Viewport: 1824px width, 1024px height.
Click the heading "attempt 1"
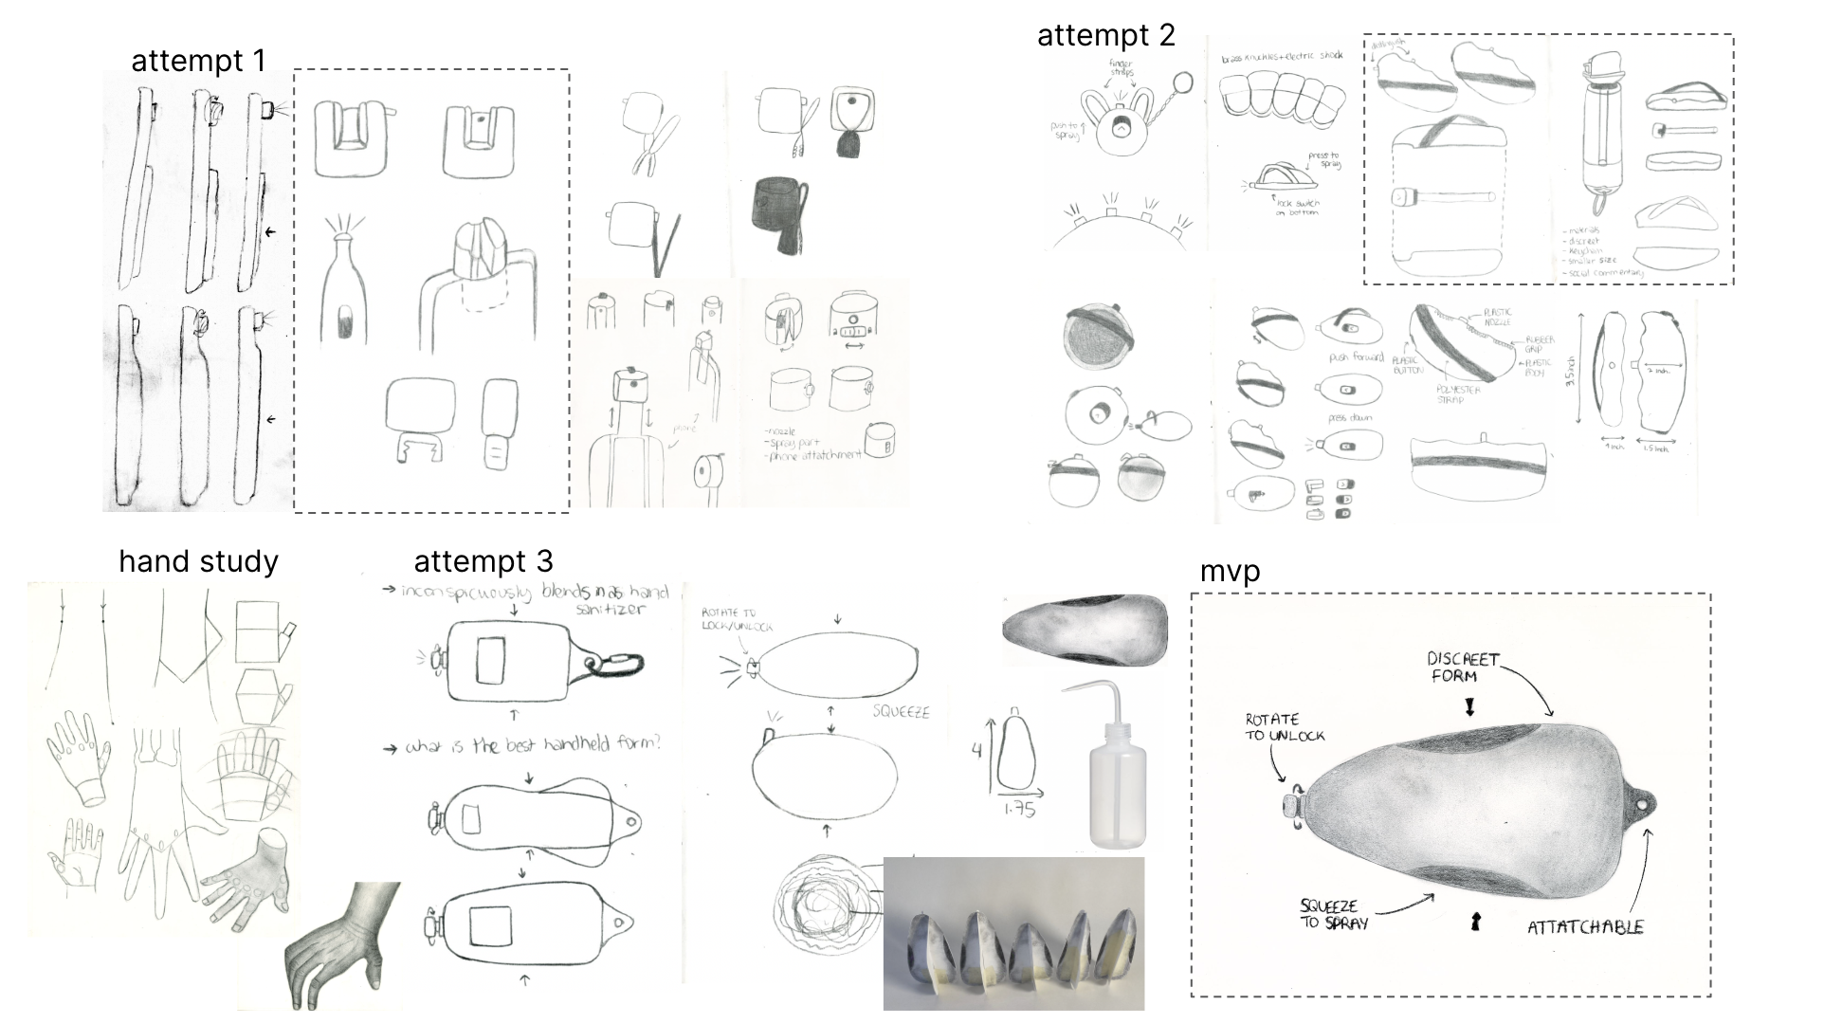click(198, 61)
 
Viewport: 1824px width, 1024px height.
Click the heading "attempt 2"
click(1105, 35)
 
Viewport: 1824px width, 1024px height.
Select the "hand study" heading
click(198, 561)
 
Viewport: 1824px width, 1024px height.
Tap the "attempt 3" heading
click(483, 561)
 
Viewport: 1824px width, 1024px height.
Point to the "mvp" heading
click(1230, 571)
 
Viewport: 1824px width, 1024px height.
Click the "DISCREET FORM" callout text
click(1463, 667)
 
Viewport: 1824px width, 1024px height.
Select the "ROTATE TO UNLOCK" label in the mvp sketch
click(1284, 727)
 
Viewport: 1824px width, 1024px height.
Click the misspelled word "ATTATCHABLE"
click(1584, 926)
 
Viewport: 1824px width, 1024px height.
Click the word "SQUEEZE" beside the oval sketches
click(901, 712)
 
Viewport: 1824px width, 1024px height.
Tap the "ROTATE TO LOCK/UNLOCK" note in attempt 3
click(737, 620)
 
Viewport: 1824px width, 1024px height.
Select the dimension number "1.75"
click(1019, 809)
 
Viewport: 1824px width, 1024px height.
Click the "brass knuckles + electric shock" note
click(1282, 58)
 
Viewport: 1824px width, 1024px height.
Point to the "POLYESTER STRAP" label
click(1457, 393)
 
